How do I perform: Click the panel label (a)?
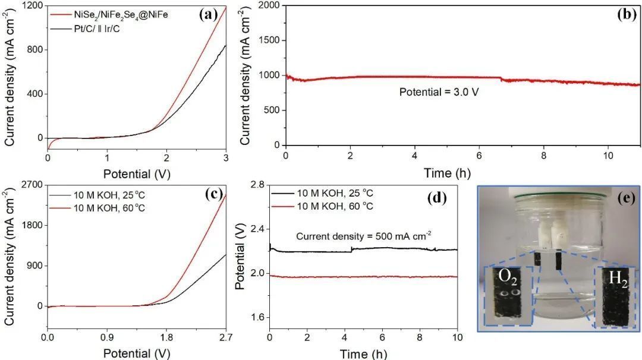[210, 15]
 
